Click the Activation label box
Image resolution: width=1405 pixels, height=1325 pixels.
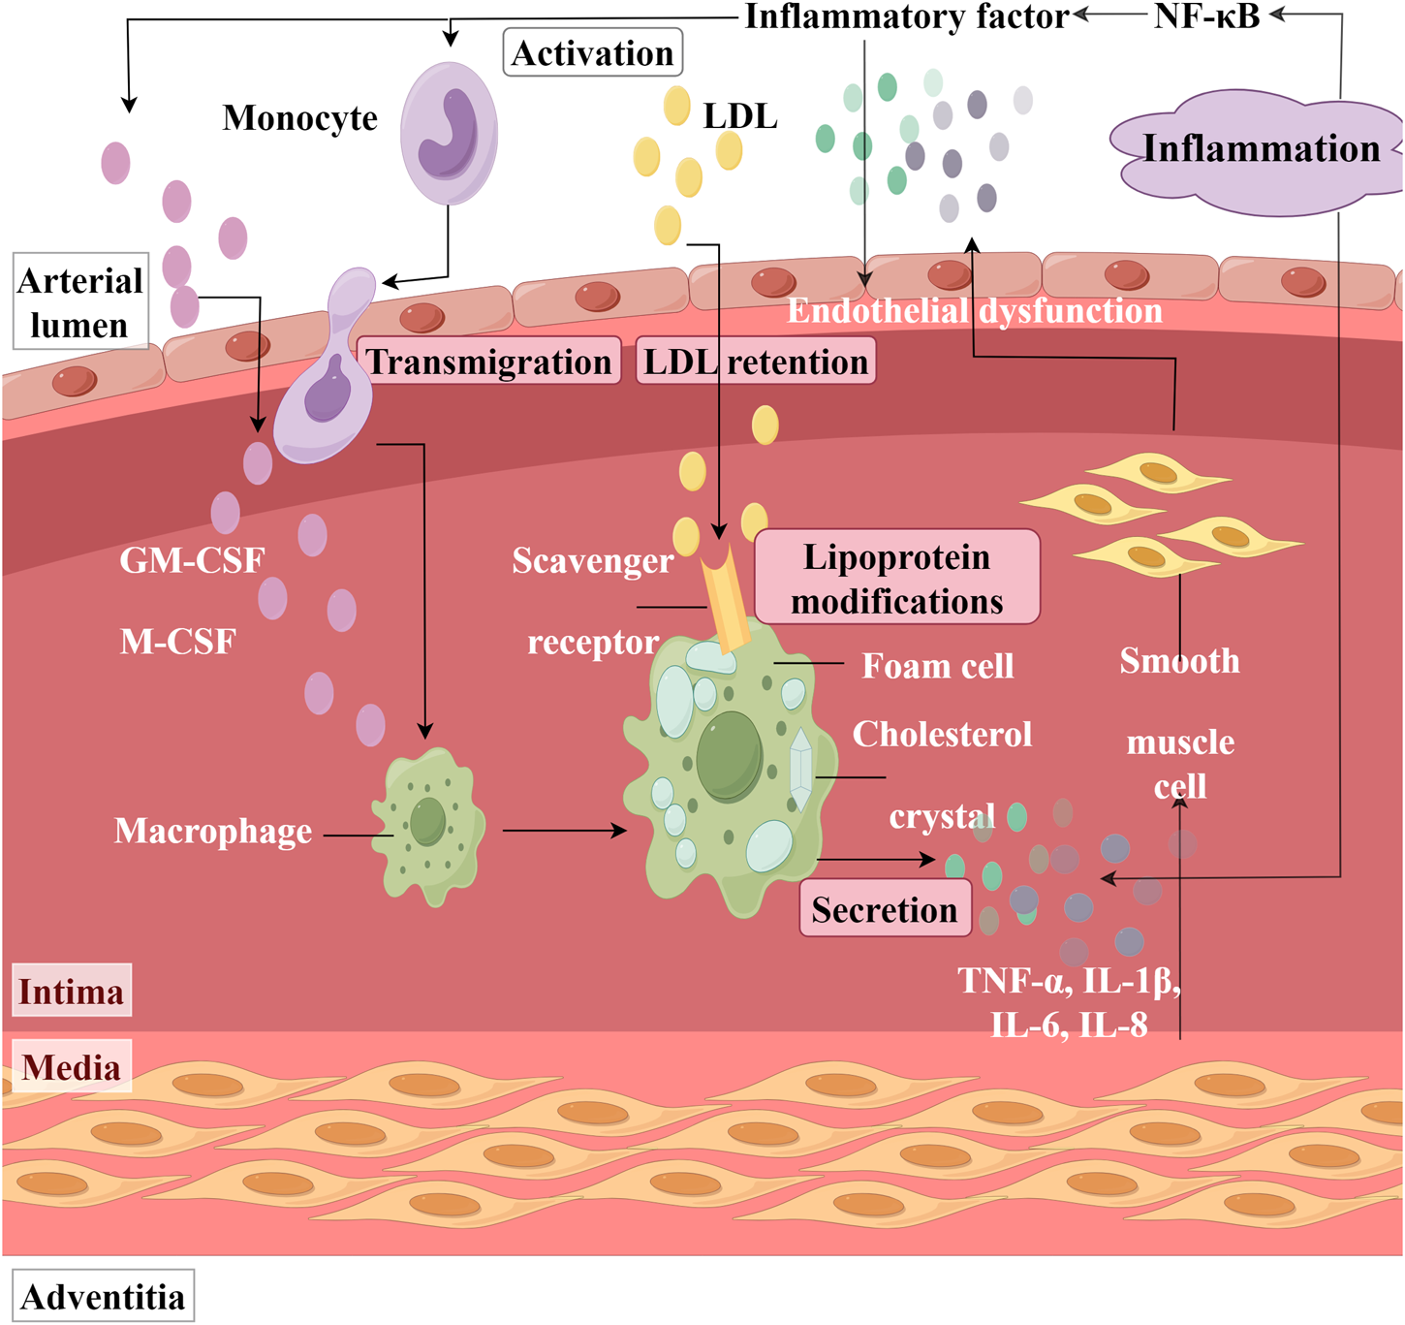592,52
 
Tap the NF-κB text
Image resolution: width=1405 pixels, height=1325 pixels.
1206,16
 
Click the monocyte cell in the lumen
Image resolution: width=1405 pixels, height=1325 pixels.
449,133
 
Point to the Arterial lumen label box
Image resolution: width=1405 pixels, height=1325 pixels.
80,301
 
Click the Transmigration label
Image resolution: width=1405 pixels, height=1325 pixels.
489,362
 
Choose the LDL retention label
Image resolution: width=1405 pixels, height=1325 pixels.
756,362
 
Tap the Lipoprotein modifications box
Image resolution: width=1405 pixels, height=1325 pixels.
896,578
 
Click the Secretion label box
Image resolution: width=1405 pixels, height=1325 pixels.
885,909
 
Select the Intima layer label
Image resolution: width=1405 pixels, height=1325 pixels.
71,992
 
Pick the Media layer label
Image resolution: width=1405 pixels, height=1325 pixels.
71,1067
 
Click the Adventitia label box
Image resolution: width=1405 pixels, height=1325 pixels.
103,1296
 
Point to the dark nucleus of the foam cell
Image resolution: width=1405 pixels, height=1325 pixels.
730,756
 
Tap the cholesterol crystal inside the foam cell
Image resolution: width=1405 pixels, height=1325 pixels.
800,769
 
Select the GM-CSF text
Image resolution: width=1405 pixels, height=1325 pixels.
192,560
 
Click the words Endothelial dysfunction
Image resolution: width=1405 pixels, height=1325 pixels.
975,311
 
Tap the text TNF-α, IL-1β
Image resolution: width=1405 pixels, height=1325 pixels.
1069,981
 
